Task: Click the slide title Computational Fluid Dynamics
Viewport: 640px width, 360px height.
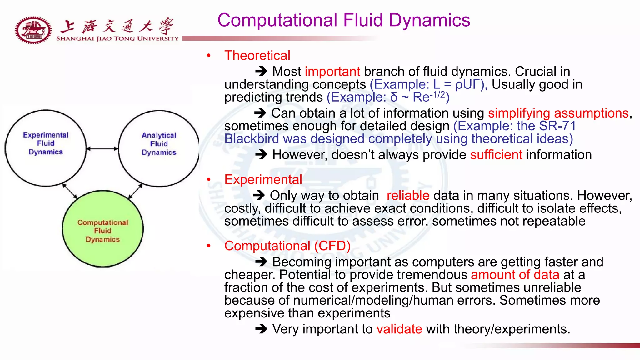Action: [344, 20]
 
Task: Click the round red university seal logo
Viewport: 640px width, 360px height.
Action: [33, 30]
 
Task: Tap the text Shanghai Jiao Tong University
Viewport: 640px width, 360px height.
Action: [117, 39]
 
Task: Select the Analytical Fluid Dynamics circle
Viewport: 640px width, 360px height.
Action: [159, 148]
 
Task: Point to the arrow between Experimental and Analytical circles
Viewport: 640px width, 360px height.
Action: [102, 149]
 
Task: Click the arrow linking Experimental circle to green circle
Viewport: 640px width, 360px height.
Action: [70, 191]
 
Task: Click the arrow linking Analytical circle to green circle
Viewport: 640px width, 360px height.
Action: [135, 191]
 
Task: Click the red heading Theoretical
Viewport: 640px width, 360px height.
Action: [257, 56]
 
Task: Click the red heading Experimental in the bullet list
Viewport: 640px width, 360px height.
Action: [263, 180]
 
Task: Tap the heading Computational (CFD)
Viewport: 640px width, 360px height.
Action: [287, 246]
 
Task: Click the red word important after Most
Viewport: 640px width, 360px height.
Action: [332, 72]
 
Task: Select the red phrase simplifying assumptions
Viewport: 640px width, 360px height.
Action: [558, 113]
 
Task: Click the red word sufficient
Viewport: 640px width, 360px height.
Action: [496, 155]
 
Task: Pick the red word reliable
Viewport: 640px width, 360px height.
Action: [408, 196]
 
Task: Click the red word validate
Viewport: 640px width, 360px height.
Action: [399, 329]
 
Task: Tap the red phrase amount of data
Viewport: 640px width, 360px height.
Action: [515, 275]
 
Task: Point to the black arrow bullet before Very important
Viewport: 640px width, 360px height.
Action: [261, 329]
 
